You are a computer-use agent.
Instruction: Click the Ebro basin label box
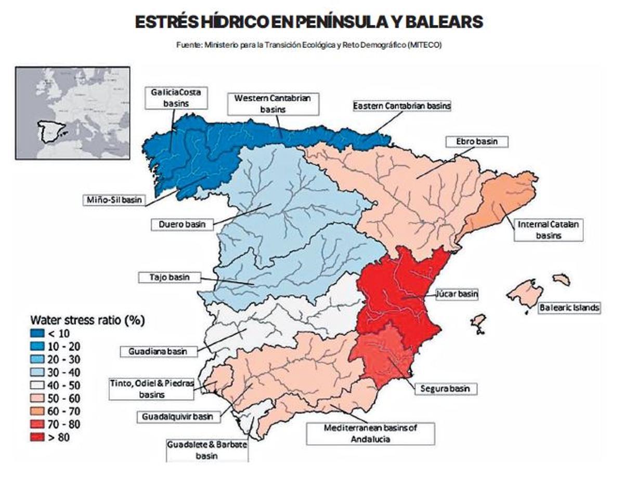click(x=477, y=141)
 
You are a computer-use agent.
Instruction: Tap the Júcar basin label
click(x=456, y=294)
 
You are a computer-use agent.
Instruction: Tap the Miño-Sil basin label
click(x=114, y=200)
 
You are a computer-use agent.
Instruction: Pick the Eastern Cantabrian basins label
click(x=401, y=106)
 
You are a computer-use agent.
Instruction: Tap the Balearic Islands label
click(x=568, y=308)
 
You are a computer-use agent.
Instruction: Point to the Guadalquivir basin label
click(x=178, y=417)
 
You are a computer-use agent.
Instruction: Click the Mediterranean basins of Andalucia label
click(x=370, y=433)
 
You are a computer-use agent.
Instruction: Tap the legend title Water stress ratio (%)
click(x=87, y=320)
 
